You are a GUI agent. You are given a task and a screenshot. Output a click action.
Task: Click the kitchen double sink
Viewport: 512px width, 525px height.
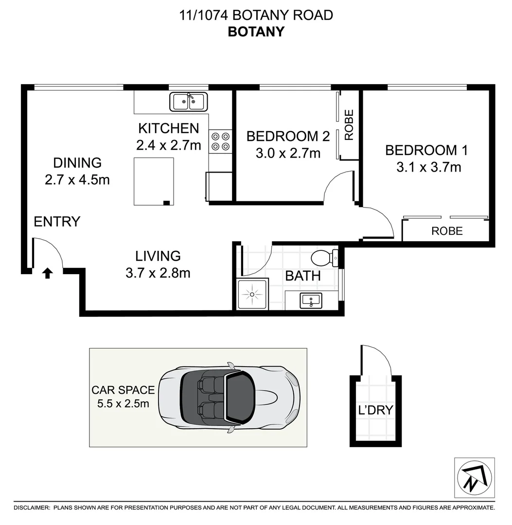(x=189, y=102)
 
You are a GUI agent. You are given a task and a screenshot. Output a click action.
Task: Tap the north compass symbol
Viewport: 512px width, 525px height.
(x=474, y=477)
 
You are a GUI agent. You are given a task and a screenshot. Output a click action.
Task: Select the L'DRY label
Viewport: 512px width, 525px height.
(x=375, y=410)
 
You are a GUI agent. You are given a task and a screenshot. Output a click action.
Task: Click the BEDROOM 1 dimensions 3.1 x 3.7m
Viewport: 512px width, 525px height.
(x=428, y=168)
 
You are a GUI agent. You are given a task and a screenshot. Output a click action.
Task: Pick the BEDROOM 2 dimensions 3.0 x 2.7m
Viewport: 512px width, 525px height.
(x=288, y=154)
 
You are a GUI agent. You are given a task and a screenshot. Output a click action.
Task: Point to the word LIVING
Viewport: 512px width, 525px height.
(x=158, y=256)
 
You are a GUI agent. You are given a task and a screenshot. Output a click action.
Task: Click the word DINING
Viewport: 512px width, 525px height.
(x=77, y=162)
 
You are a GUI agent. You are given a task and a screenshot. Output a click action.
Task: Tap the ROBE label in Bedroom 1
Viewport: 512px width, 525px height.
(x=447, y=231)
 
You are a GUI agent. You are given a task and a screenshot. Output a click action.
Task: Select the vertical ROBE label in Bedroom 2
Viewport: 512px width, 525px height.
(x=349, y=125)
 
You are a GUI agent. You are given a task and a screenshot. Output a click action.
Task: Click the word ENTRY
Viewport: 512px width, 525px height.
(x=57, y=222)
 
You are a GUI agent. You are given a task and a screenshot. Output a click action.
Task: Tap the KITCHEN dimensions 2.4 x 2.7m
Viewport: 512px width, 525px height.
(x=168, y=145)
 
